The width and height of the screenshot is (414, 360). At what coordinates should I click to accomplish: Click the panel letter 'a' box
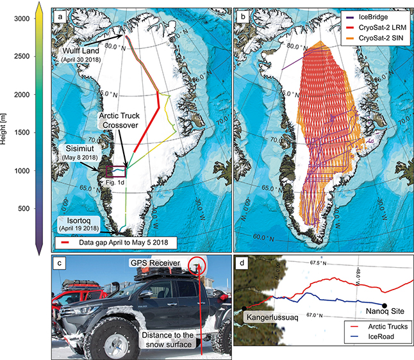tap(60, 14)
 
